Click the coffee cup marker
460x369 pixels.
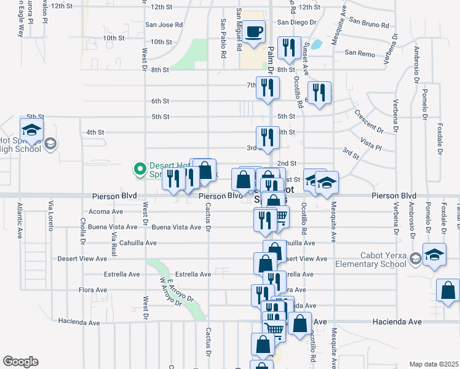click(x=253, y=33)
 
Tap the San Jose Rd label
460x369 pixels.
click(x=164, y=25)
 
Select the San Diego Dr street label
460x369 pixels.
click(x=296, y=22)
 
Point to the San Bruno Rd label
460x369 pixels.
click(x=369, y=25)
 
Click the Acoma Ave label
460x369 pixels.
click(x=106, y=211)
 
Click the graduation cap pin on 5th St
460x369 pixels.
click(x=31, y=129)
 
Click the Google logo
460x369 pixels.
click(x=20, y=362)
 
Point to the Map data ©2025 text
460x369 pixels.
click(x=434, y=364)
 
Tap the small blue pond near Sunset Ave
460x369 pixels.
click(x=316, y=44)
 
